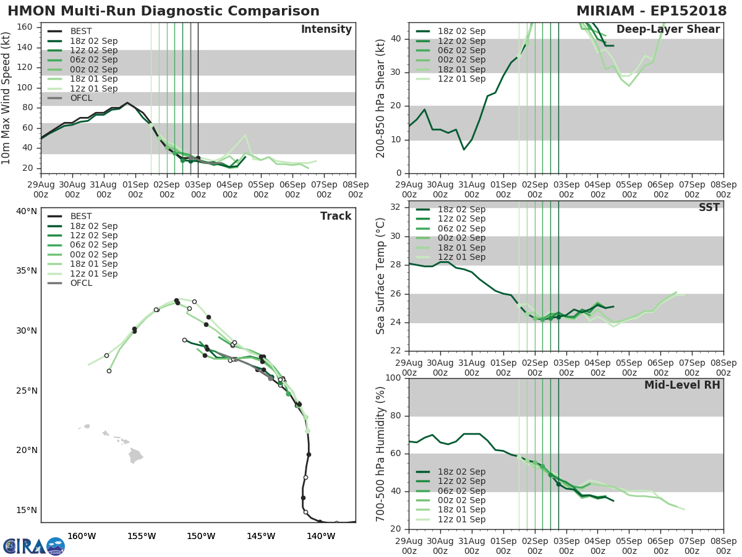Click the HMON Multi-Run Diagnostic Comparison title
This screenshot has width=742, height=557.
tap(164, 11)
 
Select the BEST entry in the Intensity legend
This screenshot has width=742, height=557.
tap(81, 32)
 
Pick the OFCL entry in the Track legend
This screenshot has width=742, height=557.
tap(81, 283)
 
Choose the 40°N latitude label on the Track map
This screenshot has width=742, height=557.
tap(27, 211)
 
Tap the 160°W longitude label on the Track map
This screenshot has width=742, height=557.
tap(81, 536)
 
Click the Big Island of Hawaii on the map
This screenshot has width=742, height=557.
tap(135, 457)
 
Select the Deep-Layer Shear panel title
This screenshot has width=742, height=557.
tap(668, 30)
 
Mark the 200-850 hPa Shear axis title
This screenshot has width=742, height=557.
tap(382, 97)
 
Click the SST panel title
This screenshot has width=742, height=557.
tap(709, 207)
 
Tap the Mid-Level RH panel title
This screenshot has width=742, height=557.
tap(681, 385)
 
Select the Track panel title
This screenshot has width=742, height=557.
tap(335, 216)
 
